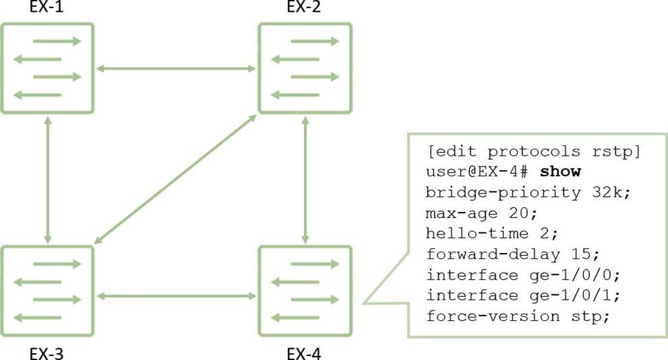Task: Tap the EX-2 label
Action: [304, 8]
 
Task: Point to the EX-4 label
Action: [304, 354]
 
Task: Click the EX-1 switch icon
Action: [47, 68]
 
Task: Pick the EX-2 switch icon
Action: [305, 68]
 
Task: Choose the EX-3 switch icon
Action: [47, 290]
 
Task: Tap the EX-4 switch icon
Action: [305, 290]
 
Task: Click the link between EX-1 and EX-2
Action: [176, 69]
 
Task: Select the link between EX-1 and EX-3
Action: [48, 180]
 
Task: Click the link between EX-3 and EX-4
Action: [176, 296]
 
